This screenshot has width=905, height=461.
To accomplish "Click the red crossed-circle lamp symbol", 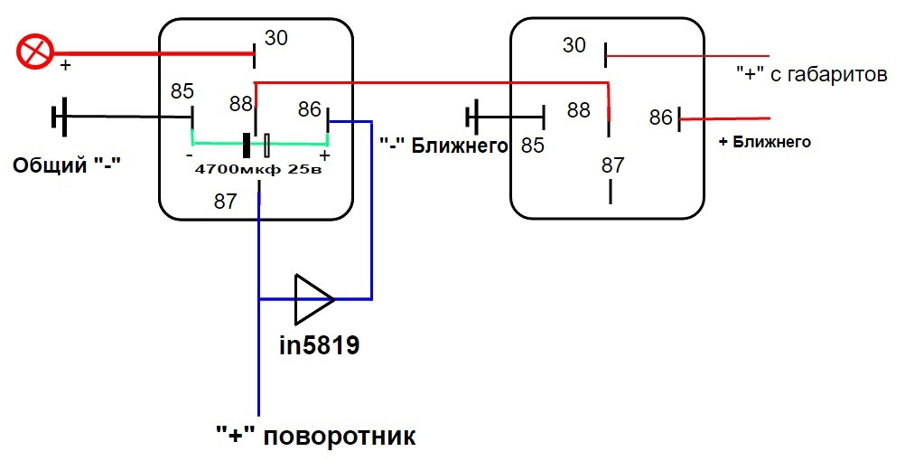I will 35,52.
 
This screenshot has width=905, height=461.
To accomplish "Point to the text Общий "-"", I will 67,166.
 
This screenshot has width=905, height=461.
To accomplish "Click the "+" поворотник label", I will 316,437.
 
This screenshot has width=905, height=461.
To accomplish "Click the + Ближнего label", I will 764,142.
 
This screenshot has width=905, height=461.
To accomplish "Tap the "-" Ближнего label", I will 443,145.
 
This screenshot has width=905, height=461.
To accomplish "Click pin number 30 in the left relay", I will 275,38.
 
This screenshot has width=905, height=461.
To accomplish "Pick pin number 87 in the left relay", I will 226,201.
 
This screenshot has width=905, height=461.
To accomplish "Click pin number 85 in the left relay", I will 182,91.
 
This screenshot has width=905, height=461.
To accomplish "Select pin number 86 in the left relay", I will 310,109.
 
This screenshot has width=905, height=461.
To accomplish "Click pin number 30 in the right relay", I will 575,44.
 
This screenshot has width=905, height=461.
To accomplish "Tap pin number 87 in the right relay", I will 613,165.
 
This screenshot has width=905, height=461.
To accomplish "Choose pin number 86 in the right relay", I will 661,118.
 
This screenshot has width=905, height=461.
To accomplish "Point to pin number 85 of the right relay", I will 533,145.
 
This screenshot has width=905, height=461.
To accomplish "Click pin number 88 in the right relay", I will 578,109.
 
